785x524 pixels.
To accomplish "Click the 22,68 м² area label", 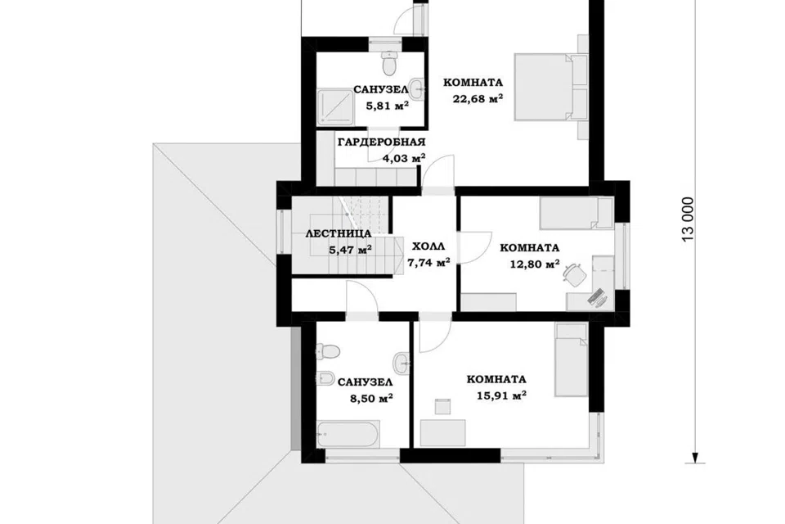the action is coord(478,99).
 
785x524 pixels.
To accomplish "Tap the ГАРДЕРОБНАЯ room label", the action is coord(382,142).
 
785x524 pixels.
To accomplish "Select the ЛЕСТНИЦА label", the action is coord(339,233).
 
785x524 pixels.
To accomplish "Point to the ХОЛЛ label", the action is coord(428,246).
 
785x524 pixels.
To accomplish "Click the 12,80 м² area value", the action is coord(535,264).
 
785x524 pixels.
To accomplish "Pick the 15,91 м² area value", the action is coord(501,396).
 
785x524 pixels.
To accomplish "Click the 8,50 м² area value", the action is coord(371,399).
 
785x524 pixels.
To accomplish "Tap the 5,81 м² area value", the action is coord(388,106).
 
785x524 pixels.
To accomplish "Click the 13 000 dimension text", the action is coord(689,220).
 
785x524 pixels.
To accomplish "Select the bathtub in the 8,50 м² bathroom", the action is coord(348,435).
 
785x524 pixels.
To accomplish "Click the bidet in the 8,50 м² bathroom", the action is coord(325,377).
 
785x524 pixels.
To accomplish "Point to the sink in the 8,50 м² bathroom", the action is coord(401,363).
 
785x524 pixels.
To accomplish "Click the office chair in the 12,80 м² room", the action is coord(574,274).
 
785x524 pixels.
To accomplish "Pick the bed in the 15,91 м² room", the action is coord(571,359).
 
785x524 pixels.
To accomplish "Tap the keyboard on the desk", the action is coord(597,297).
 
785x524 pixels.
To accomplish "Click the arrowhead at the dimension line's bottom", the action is coord(695,458).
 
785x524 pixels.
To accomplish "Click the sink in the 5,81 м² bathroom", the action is coord(416,89).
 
